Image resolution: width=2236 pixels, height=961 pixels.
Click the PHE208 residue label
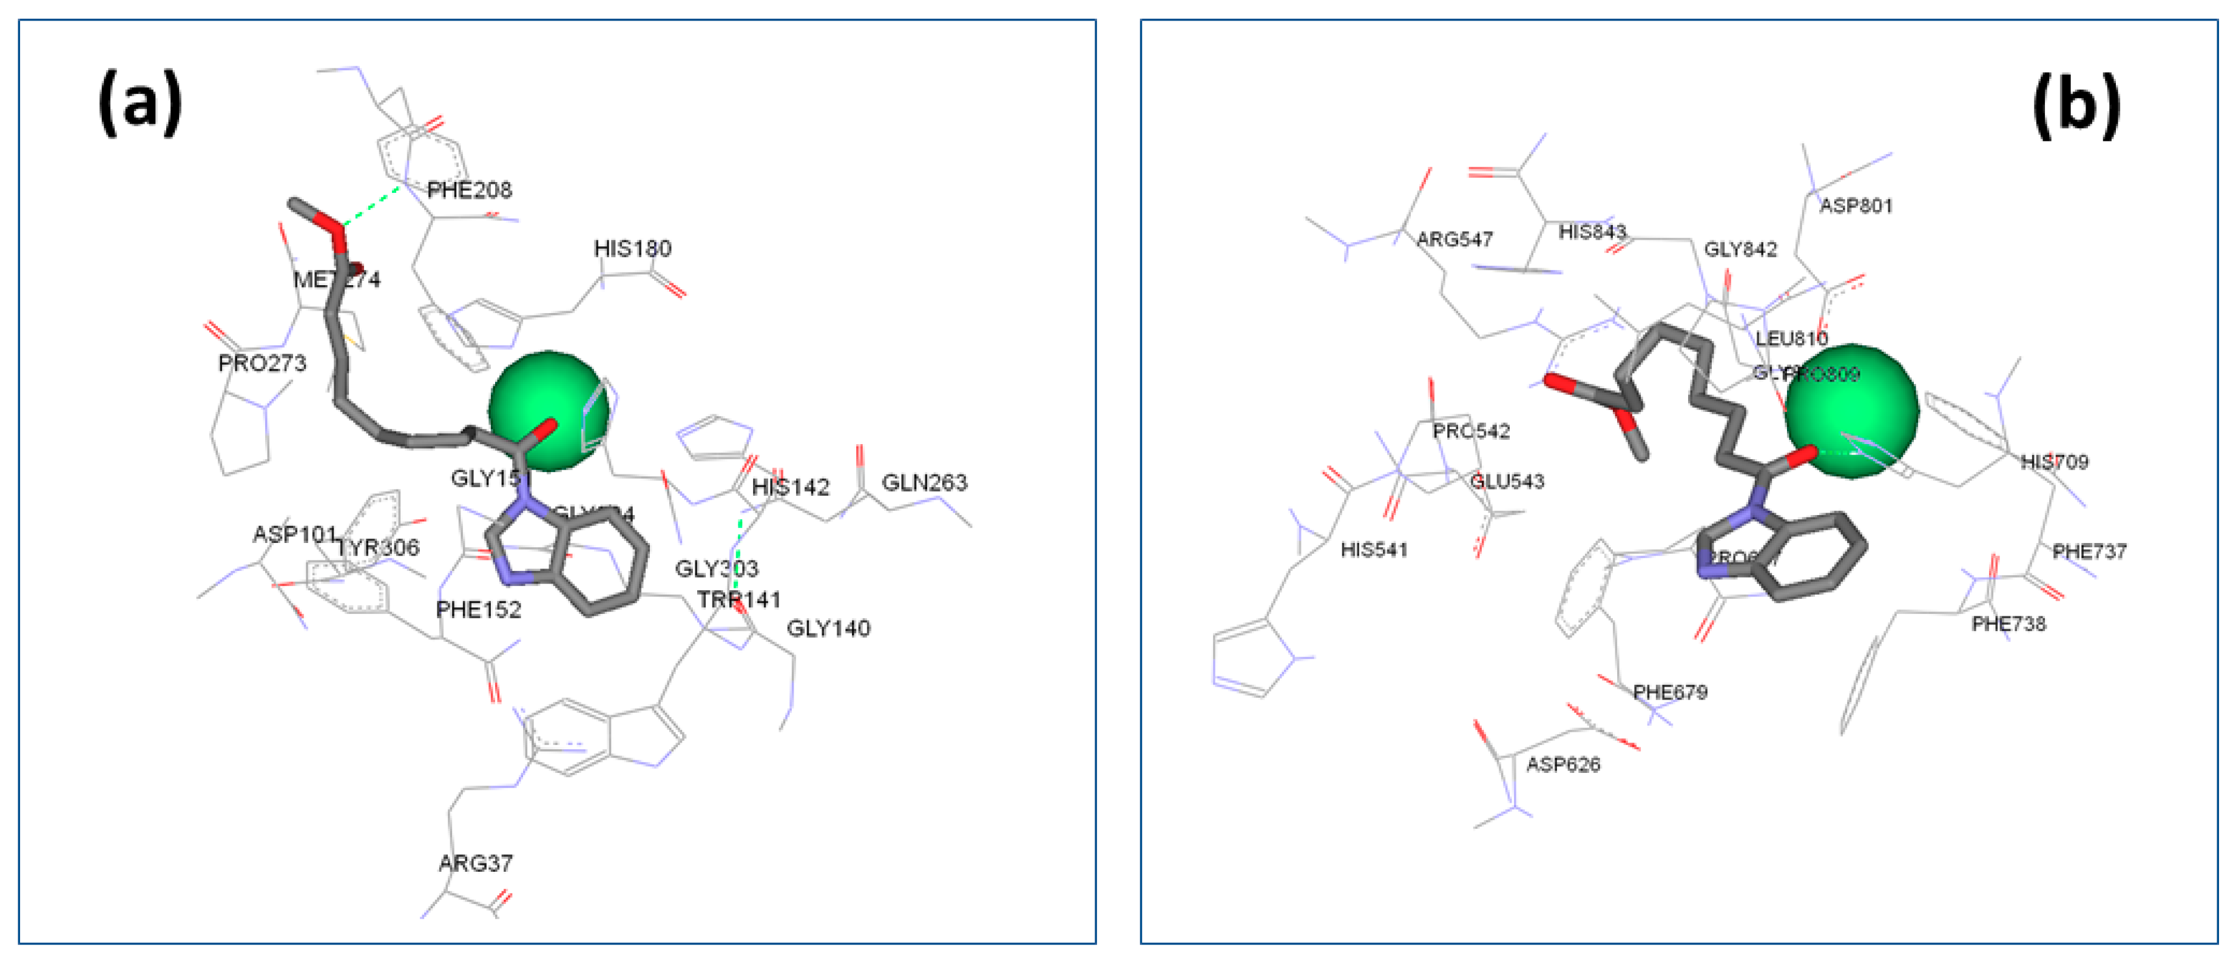[x=470, y=190]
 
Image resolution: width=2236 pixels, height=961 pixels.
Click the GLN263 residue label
[x=924, y=483]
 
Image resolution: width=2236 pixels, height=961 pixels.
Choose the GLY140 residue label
[x=828, y=629]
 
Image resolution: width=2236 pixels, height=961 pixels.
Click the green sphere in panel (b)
[x=1851, y=411]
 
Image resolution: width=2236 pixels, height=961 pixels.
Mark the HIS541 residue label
[x=1374, y=550]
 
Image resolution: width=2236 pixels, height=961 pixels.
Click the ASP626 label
[x=1562, y=765]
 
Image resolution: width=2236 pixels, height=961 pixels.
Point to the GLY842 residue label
[x=1740, y=250]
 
